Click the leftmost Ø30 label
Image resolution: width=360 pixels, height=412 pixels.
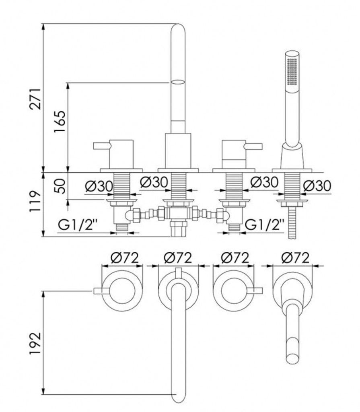click(x=99, y=186)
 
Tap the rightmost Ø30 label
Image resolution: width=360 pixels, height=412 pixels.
click(x=317, y=186)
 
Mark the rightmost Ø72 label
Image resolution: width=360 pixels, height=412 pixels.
click(x=295, y=257)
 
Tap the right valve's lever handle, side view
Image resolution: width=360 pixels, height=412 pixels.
click(x=254, y=145)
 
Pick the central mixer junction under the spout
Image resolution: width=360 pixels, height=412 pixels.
click(x=177, y=213)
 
